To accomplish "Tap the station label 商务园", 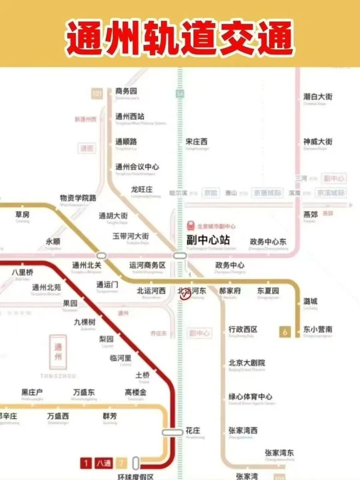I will point(126,91).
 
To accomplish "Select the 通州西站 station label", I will point(130,116).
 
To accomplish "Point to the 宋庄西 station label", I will point(196,142).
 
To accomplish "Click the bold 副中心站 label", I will point(205,240).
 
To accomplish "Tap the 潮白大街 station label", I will point(317,97).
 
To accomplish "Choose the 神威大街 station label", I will point(317,142).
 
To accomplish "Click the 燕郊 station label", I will point(310,214).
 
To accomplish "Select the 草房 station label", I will point(22,214).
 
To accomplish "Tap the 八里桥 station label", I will point(22,272).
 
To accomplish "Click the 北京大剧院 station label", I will point(247,363).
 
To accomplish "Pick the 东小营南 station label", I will point(318,329).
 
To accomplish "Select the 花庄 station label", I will point(193,430).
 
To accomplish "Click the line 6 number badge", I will point(284,331).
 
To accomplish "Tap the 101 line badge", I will point(97,94).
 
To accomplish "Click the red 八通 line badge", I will point(103,463).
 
